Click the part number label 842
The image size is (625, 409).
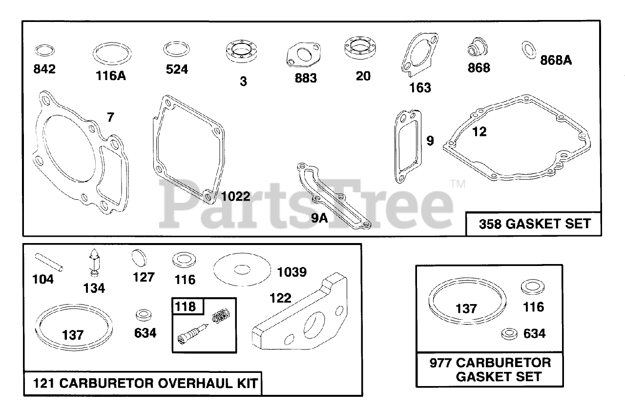[x=44, y=69]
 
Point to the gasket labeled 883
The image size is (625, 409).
[x=304, y=55]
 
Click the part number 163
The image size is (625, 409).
[x=420, y=87]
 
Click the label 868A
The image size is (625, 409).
[x=556, y=60]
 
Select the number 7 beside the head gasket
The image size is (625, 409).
[x=110, y=117]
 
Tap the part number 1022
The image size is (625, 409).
[x=236, y=196]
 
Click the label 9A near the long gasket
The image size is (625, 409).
[x=319, y=218]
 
